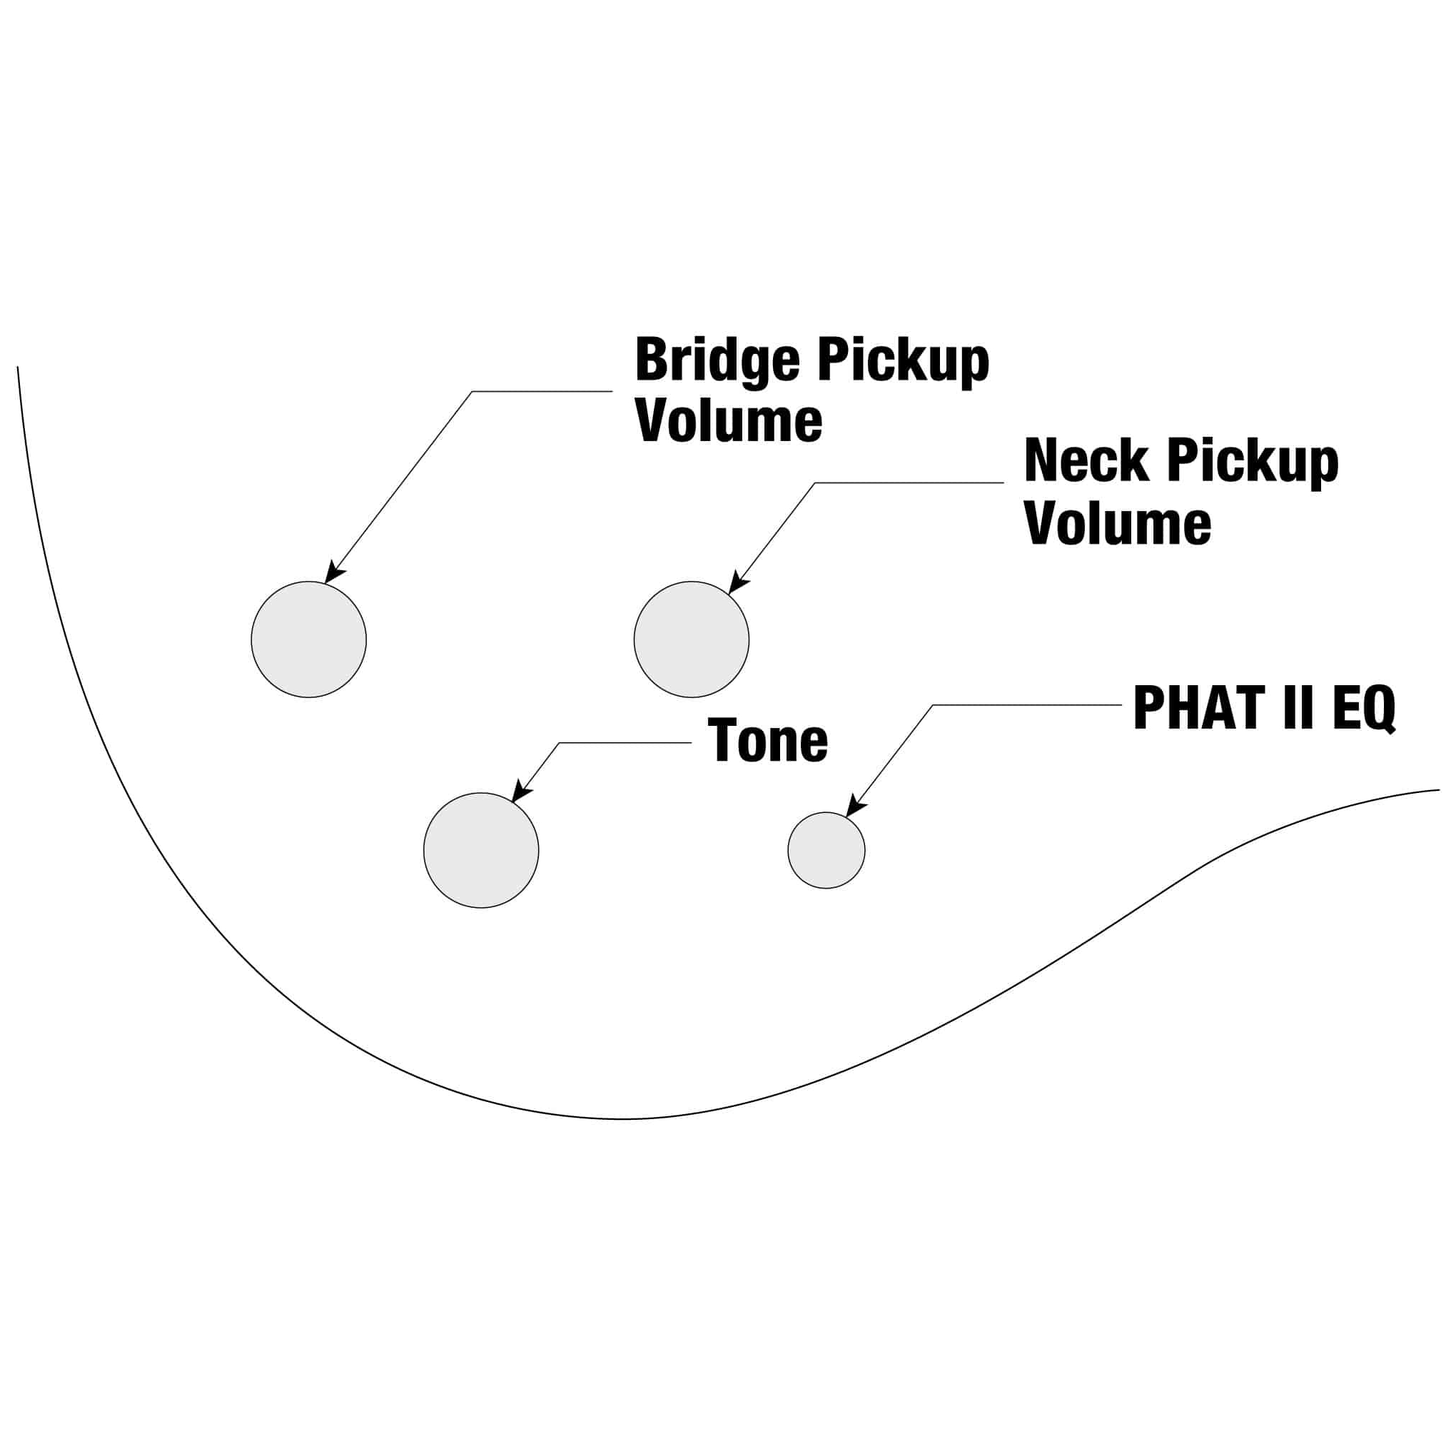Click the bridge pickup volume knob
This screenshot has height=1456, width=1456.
(x=308, y=639)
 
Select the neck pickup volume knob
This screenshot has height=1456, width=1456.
(x=691, y=639)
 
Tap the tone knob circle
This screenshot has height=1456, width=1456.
(x=481, y=850)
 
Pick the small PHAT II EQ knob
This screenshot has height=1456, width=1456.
(x=826, y=850)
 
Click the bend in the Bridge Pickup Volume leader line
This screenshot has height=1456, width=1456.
(x=472, y=391)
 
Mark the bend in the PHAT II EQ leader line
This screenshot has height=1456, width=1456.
(x=933, y=705)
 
